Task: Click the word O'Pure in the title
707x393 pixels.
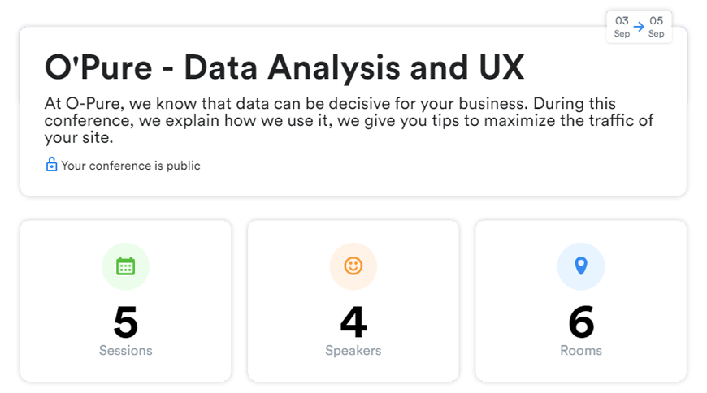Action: pos(98,67)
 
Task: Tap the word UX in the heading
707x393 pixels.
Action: pos(501,67)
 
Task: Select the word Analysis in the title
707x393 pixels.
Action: pos(334,68)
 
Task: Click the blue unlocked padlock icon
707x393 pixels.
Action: pos(51,165)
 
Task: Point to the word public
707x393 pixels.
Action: pos(183,166)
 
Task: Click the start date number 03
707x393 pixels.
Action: pos(622,21)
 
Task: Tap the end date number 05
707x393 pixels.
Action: pos(656,21)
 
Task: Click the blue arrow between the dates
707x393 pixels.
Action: pos(639,27)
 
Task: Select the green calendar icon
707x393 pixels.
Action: pos(125,266)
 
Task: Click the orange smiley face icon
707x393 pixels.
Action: pos(353,266)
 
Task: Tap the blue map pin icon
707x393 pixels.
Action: pos(581,266)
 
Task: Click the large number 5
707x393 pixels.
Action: pos(126,322)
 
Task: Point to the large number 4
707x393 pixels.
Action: pos(353,322)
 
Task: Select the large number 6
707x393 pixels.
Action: pos(581,322)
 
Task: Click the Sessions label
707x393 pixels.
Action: pos(126,351)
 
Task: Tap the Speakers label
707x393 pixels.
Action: pos(353,351)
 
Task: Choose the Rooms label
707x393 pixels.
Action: pos(581,351)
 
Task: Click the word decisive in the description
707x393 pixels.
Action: pos(359,104)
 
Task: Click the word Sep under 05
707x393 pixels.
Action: pos(656,34)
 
